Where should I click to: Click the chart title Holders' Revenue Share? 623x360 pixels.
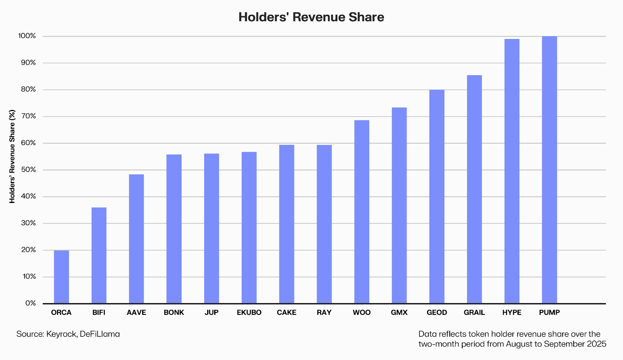point(311,17)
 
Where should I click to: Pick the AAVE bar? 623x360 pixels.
point(136,238)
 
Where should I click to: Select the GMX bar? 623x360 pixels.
point(399,205)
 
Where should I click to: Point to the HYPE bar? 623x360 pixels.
point(512,171)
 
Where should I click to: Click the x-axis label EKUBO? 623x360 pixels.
point(249,312)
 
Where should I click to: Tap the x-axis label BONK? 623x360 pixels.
point(174,312)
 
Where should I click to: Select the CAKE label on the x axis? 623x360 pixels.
point(287,312)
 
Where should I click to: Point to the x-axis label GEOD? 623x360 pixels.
point(437,312)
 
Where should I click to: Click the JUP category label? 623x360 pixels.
point(211,312)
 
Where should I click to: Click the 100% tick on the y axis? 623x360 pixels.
point(27,36)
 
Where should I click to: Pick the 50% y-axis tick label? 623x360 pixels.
point(28,170)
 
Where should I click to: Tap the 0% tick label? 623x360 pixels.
point(30,303)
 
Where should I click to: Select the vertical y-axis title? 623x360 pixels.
point(12,156)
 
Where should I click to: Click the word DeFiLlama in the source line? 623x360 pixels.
point(100,334)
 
